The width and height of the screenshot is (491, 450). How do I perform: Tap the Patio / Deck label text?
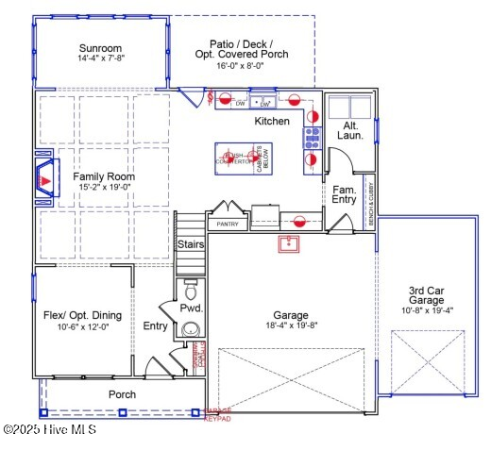pyautogui.click(x=241, y=44)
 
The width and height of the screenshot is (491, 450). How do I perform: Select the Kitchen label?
pyautogui.click(x=272, y=122)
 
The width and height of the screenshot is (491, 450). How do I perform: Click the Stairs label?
pyautogui.click(x=190, y=244)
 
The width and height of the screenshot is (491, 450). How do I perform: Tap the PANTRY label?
pyautogui.click(x=228, y=225)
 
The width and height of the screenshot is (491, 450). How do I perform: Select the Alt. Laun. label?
pyautogui.click(x=349, y=131)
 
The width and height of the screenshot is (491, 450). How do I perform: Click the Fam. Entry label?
pyautogui.click(x=345, y=194)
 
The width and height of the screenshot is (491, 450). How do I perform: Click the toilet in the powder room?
pyautogui.click(x=190, y=286)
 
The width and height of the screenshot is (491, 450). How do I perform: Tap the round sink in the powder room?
pyautogui.click(x=192, y=329)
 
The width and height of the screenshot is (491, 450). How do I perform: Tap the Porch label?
pyautogui.click(x=122, y=394)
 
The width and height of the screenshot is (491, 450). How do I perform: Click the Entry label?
pyautogui.click(x=155, y=326)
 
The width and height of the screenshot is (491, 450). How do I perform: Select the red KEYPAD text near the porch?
pyautogui.click(x=218, y=419)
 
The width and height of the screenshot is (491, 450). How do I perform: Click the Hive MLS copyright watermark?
pyautogui.click(x=49, y=429)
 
